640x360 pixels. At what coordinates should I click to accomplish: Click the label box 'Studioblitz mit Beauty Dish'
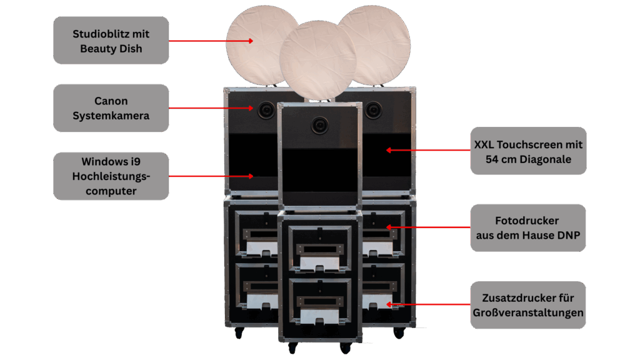pyautogui.click(x=111, y=41)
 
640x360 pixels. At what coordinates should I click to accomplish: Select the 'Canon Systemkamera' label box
pyautogui.click(x=111, y=108)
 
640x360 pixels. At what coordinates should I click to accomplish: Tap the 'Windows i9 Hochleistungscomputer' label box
pyautogui.click(x=111, y=176)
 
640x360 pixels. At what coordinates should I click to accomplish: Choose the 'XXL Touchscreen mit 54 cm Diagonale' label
pyautogui.click(x=528, y=151)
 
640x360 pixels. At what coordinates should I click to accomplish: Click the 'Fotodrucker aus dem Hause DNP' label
pyautogui.click(x=528, y=228)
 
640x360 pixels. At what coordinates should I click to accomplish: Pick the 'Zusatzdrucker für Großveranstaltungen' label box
pyautogui.click(x=528, y=306)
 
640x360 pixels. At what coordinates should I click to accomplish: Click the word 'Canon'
pyautogui.click(x=111, y=101)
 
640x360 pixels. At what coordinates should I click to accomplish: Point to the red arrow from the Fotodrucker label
pyautogui.click(x=428, y=227)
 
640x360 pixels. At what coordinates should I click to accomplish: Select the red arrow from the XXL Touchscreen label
pyautogui.click(x=428, y=150)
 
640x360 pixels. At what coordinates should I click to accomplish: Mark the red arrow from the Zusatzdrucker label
pyautogui.click(x=428, y=305)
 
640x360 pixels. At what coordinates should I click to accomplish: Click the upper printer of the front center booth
pyautogui.click(x=319, y=249)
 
